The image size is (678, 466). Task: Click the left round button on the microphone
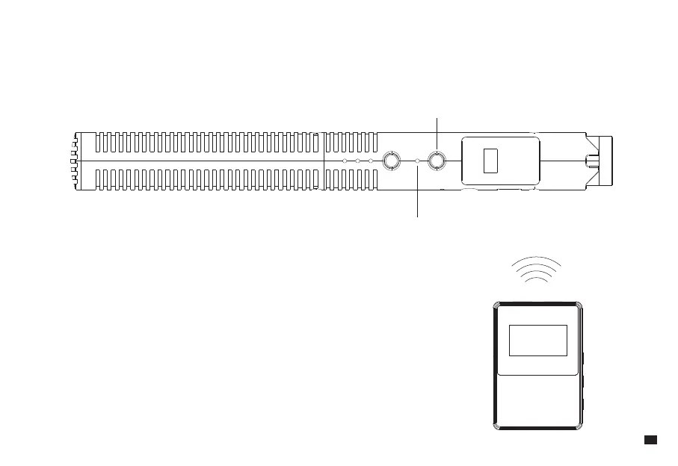coord(390,161)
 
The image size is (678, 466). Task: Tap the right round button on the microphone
coord(436,161)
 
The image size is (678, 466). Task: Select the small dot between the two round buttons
coord(416,161)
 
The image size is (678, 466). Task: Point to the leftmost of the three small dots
coord(344,161)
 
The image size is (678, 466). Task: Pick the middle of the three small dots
coord(357,161)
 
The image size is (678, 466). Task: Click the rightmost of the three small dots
coord(371,161)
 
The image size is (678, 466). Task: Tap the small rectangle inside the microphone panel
coord(490,161)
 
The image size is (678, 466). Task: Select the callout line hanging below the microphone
coord(416,194)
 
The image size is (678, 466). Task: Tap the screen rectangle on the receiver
coord(538,341)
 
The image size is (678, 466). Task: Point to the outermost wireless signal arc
coord(536,260)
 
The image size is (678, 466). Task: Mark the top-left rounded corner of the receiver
coord(496,305)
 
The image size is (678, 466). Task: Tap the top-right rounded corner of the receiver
coord(579,305)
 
